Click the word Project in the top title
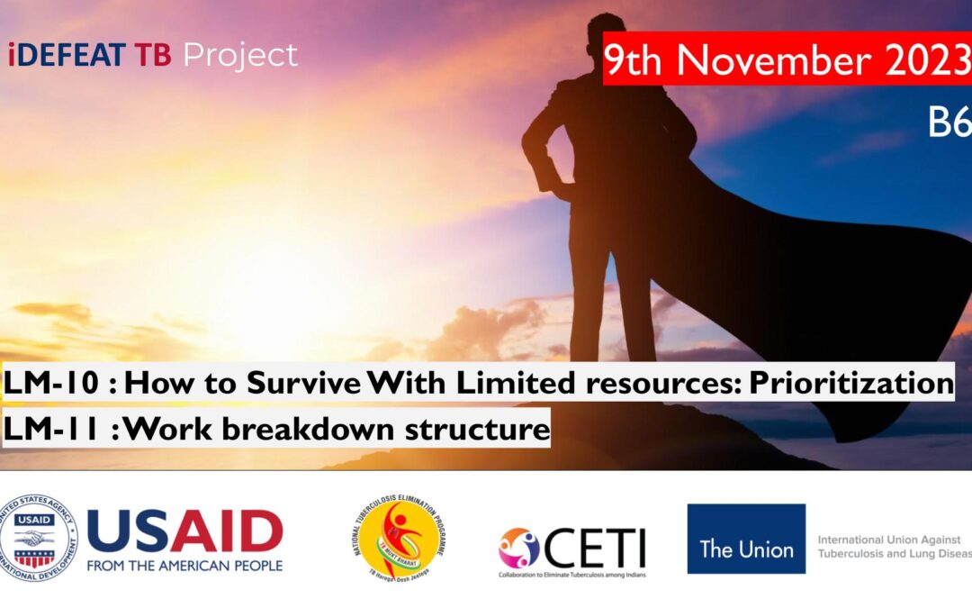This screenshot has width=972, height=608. (240, 56)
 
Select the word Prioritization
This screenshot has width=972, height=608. (850, 384)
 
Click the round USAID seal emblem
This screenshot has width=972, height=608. (39, 538)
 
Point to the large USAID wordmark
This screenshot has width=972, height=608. (184, 531)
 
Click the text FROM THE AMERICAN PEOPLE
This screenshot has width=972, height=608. (184, 566)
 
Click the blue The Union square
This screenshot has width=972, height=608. (746, 539)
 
